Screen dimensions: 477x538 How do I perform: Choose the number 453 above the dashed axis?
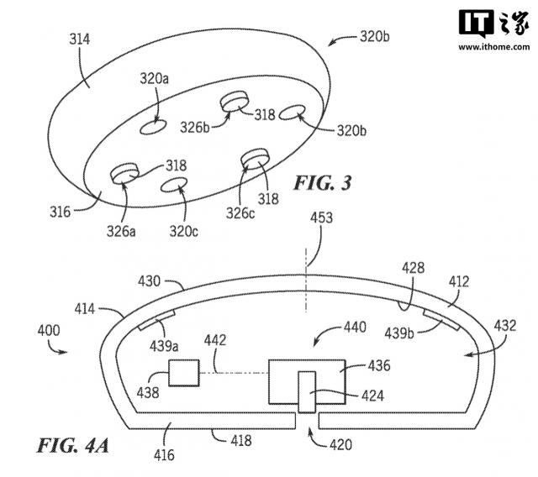pos(321,218)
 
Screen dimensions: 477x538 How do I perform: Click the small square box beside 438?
pos(184,372)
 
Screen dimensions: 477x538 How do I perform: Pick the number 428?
pos(413,269)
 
